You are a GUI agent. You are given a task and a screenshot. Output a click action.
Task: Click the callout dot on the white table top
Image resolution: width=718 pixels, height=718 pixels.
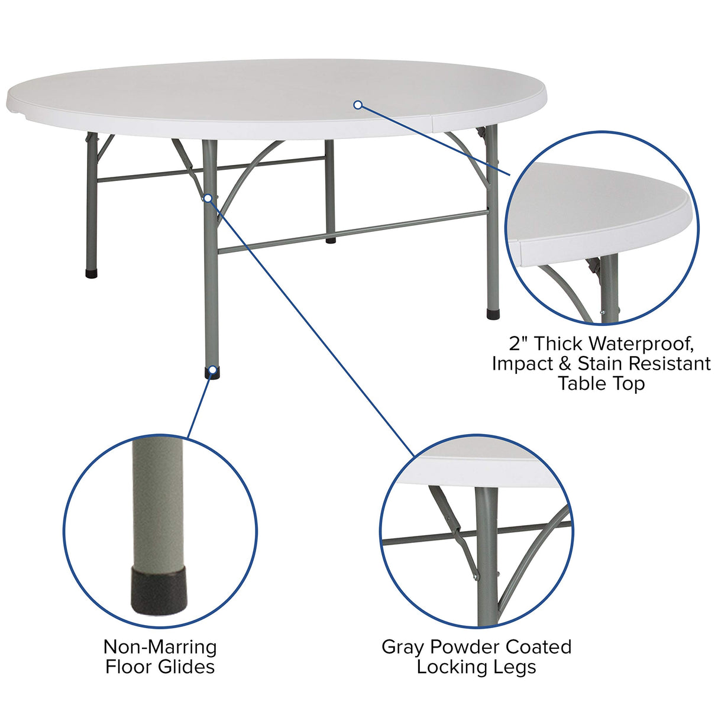point(357,105)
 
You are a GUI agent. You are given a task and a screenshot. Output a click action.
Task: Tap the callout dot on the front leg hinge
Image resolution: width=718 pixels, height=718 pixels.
point(208,198)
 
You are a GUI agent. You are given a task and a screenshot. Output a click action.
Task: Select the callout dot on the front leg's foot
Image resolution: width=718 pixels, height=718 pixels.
point(212,370)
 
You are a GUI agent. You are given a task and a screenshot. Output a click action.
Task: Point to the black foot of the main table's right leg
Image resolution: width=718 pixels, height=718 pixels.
point(493,313)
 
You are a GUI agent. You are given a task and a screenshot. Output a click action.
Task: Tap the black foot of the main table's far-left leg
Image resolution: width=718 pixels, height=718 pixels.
point(91,274)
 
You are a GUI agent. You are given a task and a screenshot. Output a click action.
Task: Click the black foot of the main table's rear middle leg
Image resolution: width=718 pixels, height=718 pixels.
point(330,240)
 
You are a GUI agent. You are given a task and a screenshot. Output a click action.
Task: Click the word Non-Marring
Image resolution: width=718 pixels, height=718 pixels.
point(160,647)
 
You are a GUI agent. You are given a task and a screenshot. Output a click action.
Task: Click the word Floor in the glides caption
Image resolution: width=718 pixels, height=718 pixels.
point(130,667)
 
